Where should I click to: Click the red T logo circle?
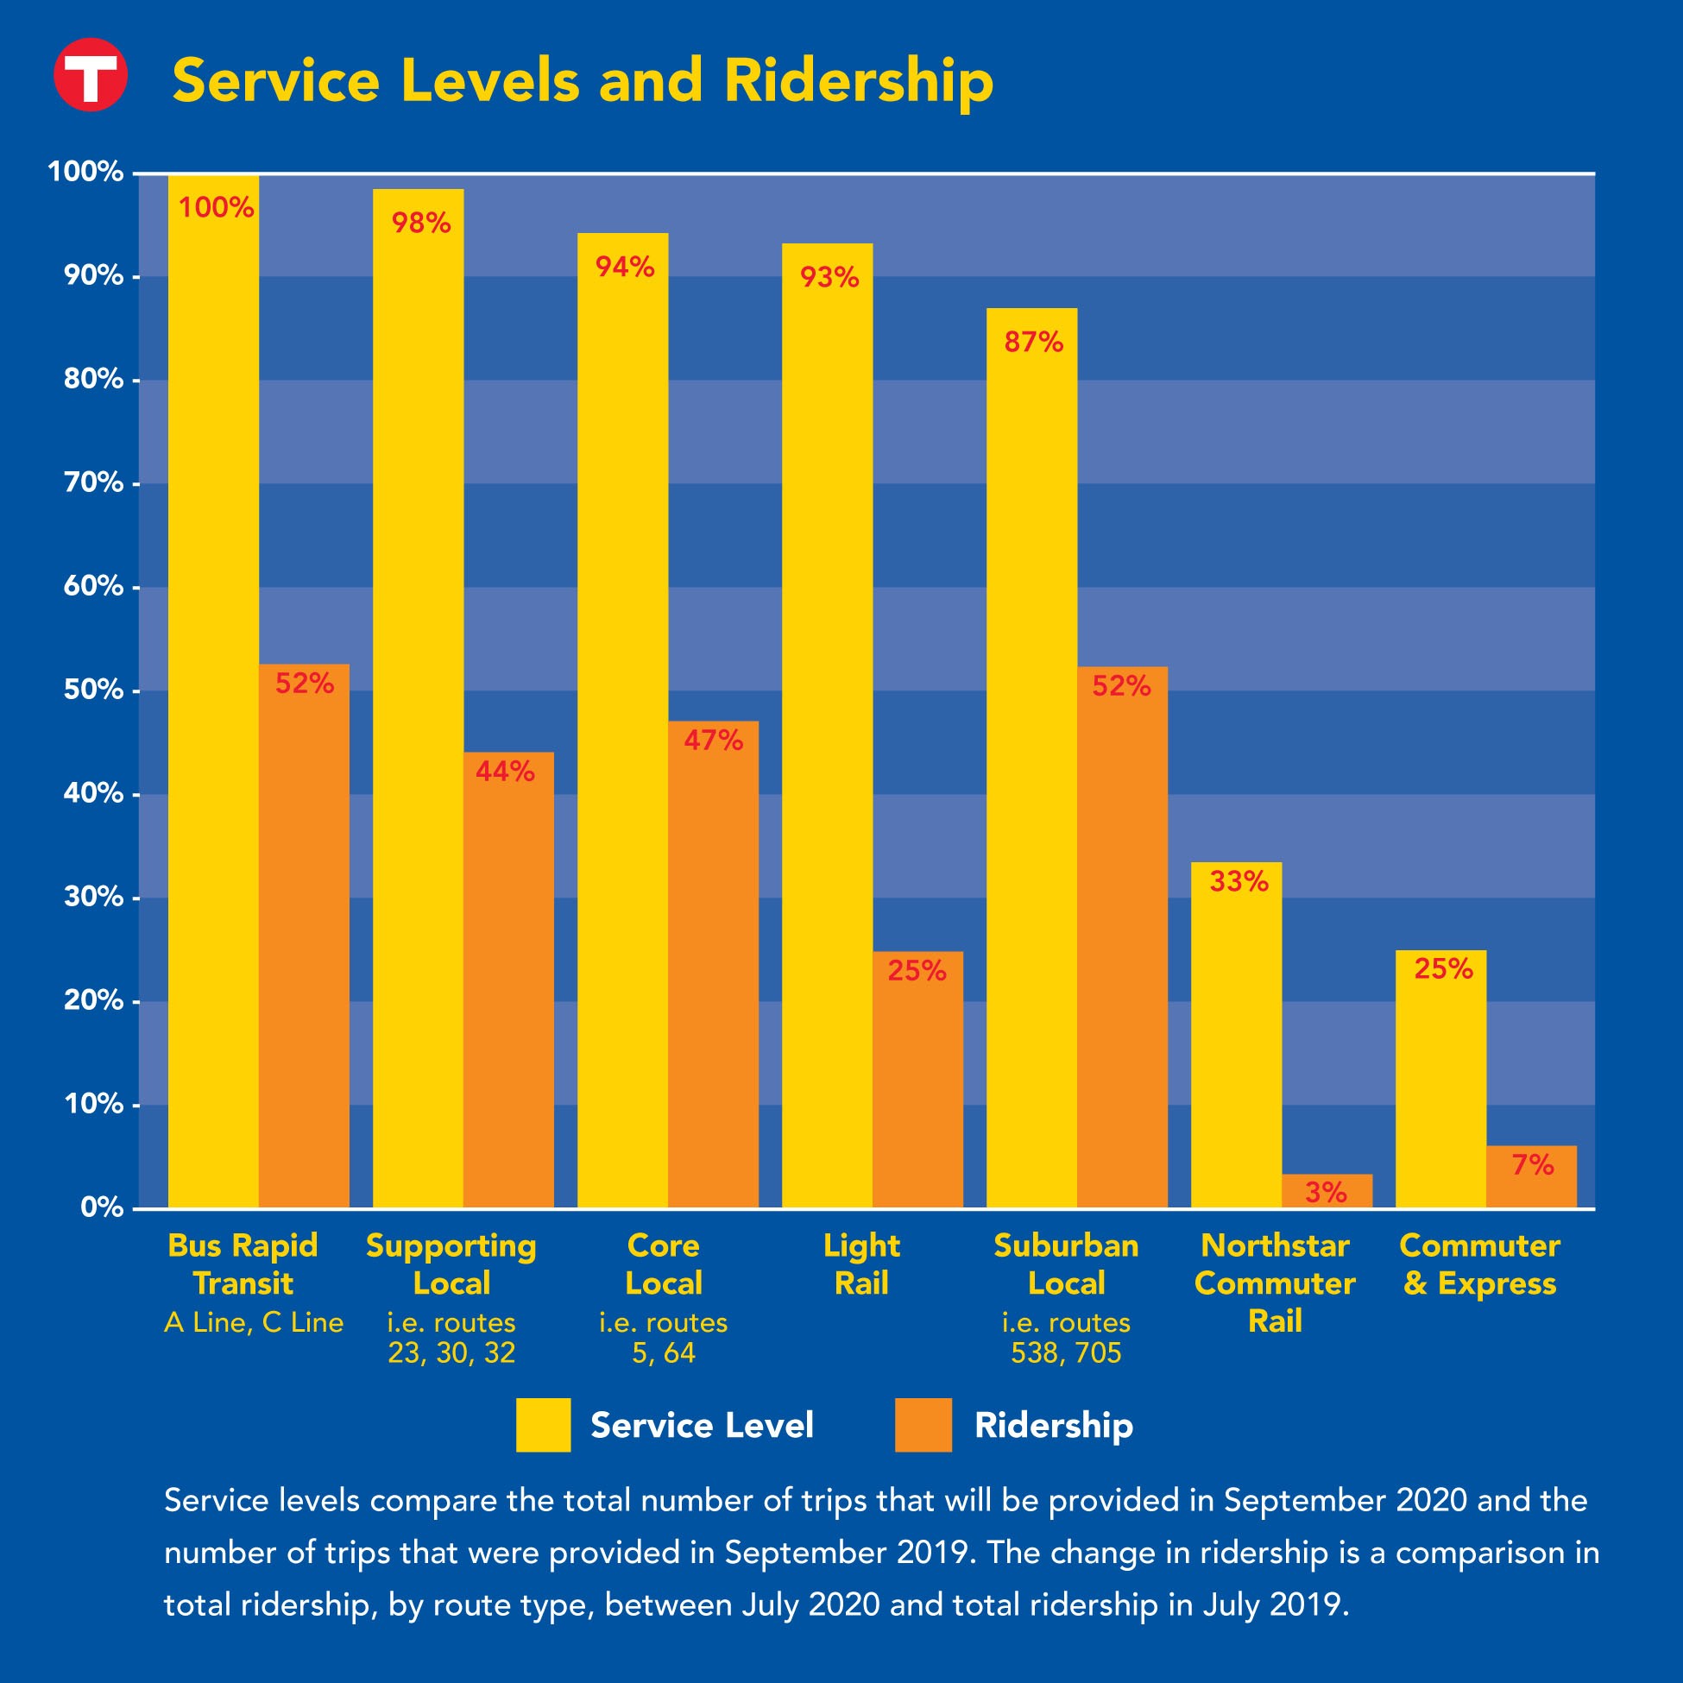[91, 75]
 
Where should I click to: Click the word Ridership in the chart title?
[858, 81]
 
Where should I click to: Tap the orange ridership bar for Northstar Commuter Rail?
[1326, 1190]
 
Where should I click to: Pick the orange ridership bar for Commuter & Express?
[1530, 1176]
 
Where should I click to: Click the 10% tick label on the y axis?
[93, 1105]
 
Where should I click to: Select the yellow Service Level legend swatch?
[543, 1424]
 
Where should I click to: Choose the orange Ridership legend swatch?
[923, 1424]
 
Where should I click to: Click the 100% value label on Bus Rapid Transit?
[216, 208]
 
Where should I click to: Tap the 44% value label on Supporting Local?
[505, 771]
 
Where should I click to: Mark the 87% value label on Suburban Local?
[1033, 343]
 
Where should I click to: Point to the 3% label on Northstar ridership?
[1326, 1192]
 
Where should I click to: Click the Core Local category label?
[663, 1264]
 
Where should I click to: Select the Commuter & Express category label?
[1479, 1264]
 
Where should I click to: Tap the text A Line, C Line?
[254, 1322]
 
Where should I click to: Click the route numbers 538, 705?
[1065, 1352]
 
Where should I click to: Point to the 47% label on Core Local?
[713, 741]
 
